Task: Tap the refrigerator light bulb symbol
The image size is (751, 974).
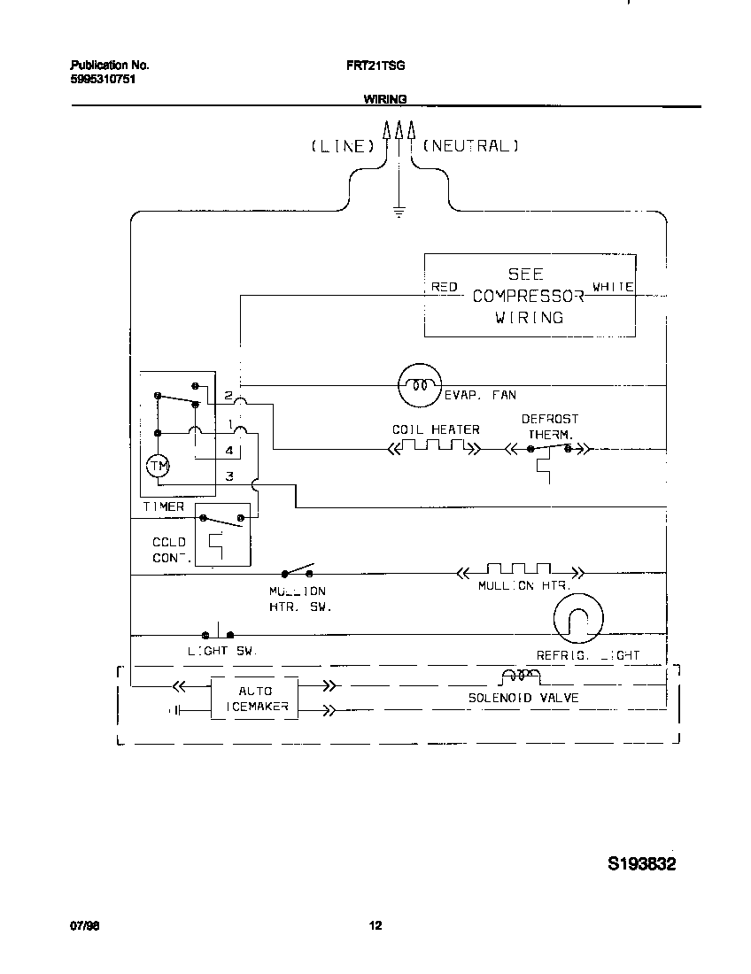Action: [x=577, y=618]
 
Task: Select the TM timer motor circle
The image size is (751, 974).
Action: [x=158, y=466]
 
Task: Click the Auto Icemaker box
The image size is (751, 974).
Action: [x=255, y=699]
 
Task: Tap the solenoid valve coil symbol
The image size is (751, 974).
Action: [x=520, y=677]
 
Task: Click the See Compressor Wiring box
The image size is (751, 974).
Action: [x=529, y=296]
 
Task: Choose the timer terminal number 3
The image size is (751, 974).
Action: [x=228, y=476]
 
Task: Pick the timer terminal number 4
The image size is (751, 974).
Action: [x=228, y=451]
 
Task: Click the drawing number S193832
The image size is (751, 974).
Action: [x=641, y=864]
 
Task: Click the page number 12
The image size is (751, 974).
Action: [x=375, y=926]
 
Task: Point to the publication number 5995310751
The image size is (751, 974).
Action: [x=103, y=79]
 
